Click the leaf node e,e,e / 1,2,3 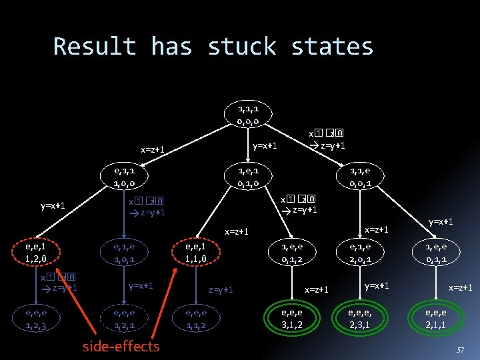[x=41, y=319]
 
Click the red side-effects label [x=121, y=346]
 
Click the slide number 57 [x=460, y=349]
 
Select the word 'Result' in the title [x=94, y=47]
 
